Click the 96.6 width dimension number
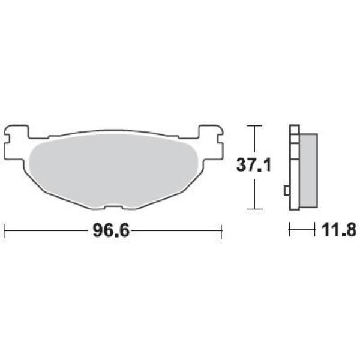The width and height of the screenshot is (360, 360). pos(112,230)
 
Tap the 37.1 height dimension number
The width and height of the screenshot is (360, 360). pos(254,164)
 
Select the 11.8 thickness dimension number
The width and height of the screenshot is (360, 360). pos(339,230)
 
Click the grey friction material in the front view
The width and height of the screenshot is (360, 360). pos(113,170)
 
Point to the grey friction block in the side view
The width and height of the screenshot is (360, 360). pos(308,170)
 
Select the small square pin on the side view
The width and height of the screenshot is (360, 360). pos(287,191)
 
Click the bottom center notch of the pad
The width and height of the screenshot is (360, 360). pos(114,207)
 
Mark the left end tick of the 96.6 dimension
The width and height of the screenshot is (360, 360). pos(4,231)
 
